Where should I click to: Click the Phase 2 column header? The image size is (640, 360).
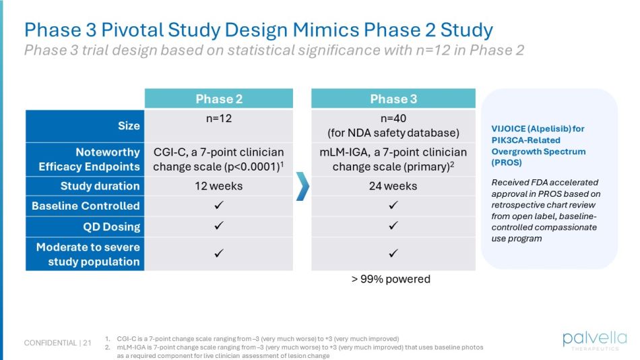(x=219, y=99)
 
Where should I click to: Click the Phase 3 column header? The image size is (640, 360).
(x=393, y=99)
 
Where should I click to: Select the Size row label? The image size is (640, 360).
(x=129, y=125)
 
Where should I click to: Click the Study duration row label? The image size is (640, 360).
(x=100, y=186)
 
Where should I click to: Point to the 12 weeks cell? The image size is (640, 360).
(x=219, y=186)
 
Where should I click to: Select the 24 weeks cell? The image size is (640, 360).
(x=393, y=186)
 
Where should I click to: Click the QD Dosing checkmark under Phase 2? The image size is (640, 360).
(x=219, y=227)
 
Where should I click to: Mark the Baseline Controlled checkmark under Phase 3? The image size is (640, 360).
(x=393, y=206)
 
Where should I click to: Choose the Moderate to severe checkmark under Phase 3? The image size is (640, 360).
(x=393, y=253)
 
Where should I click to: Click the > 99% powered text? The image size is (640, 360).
(x=391, y=279)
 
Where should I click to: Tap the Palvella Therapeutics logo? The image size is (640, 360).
(x=594, y=340)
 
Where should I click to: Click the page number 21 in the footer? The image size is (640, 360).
(x=87, y=343)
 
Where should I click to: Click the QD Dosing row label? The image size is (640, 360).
(x=111, y=227)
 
